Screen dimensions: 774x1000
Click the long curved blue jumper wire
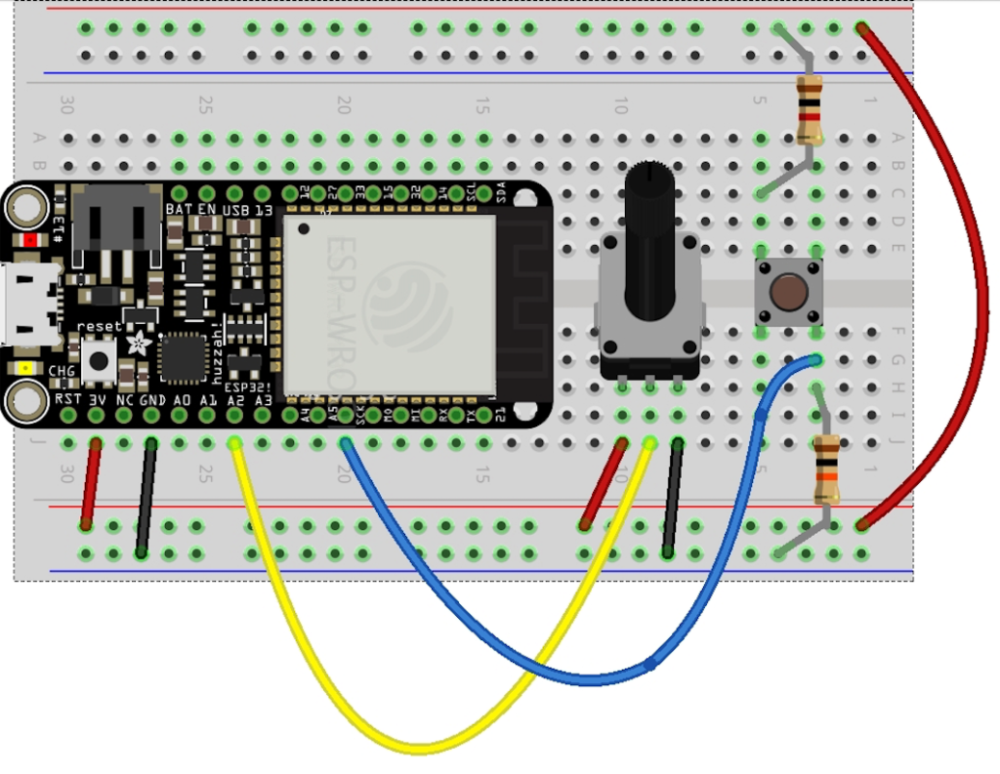547,664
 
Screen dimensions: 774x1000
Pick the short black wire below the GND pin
146,498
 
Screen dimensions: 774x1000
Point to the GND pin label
151,400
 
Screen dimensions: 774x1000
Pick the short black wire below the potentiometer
673,498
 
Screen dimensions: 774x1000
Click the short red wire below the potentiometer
603,485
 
